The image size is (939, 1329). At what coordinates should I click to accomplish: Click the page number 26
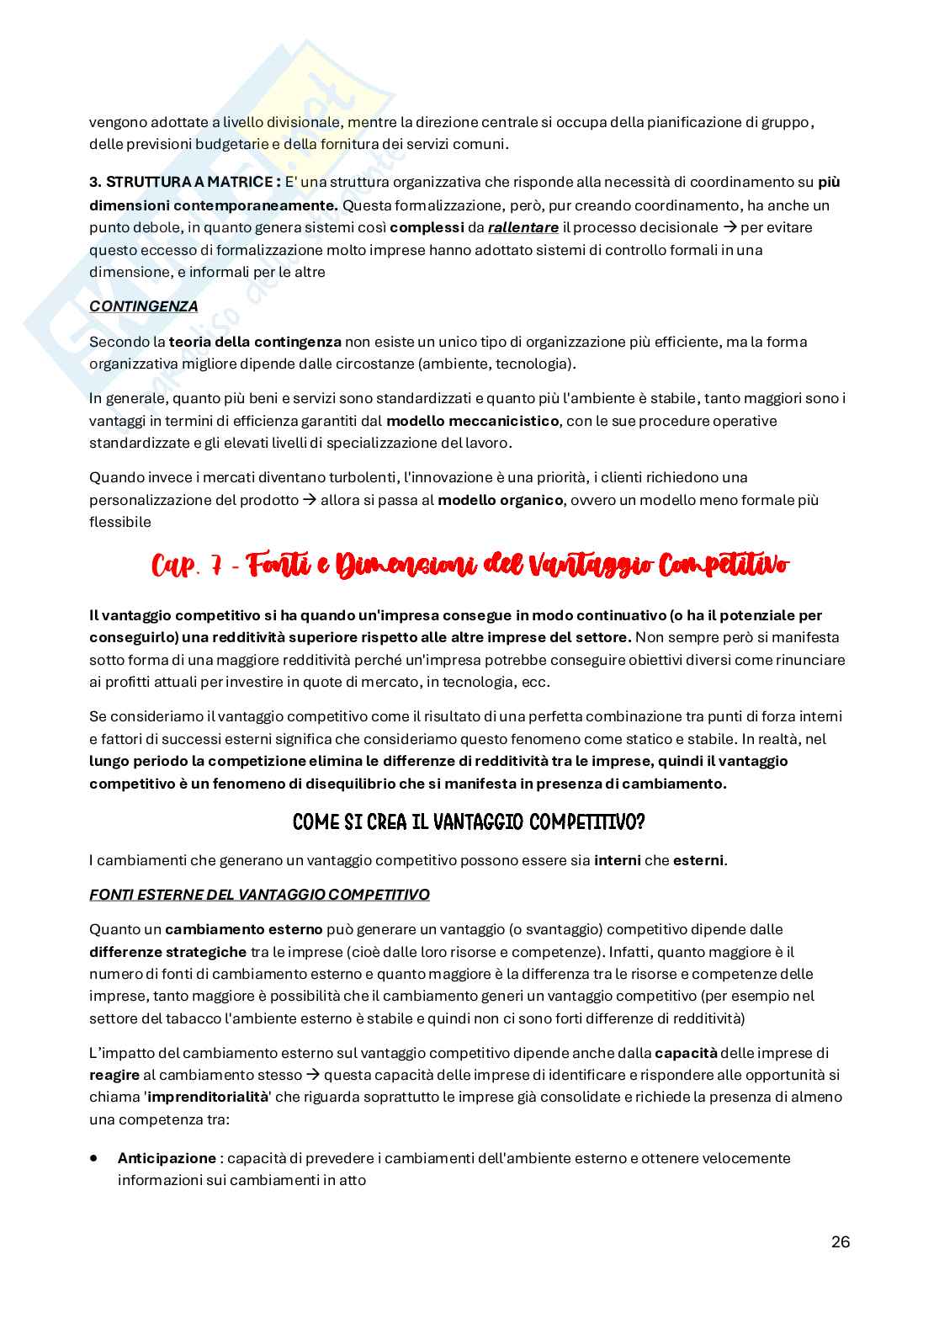click(840, 1242)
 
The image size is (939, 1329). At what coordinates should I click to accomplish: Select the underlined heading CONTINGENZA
click(143, 306)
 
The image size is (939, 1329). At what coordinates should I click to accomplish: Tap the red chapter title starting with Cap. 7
click(469, 566)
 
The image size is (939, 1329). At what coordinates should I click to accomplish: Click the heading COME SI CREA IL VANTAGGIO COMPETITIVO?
click(469, 821)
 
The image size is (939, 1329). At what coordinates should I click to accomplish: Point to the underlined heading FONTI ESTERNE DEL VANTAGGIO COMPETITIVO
click(259, 894)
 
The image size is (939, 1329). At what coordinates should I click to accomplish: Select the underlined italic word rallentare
click(523, 227)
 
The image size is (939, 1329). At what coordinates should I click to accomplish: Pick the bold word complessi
click(427, 227)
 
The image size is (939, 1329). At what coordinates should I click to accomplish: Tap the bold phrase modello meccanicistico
click(472, 420)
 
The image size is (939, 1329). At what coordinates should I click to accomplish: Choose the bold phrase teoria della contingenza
click(255, 342)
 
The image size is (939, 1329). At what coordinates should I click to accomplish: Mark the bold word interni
click(617, 860)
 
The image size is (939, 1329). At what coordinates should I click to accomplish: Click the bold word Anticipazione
click(167, 1157)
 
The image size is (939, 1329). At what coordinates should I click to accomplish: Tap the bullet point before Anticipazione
click(94, 1157)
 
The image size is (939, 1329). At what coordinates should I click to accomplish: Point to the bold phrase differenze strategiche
click(167, 952)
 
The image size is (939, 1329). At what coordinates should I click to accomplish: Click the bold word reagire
click(114, 1075)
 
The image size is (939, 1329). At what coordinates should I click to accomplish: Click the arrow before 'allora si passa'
click(309, 500)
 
